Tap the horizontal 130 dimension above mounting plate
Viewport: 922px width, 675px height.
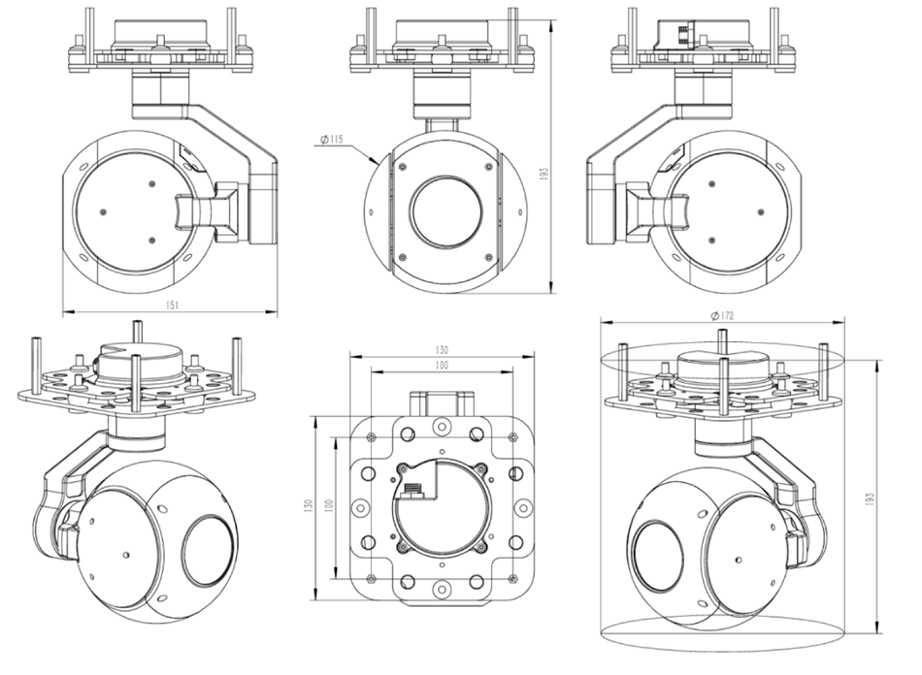442,350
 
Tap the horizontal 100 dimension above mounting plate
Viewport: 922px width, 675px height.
442,366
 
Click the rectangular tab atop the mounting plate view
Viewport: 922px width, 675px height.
442,403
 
